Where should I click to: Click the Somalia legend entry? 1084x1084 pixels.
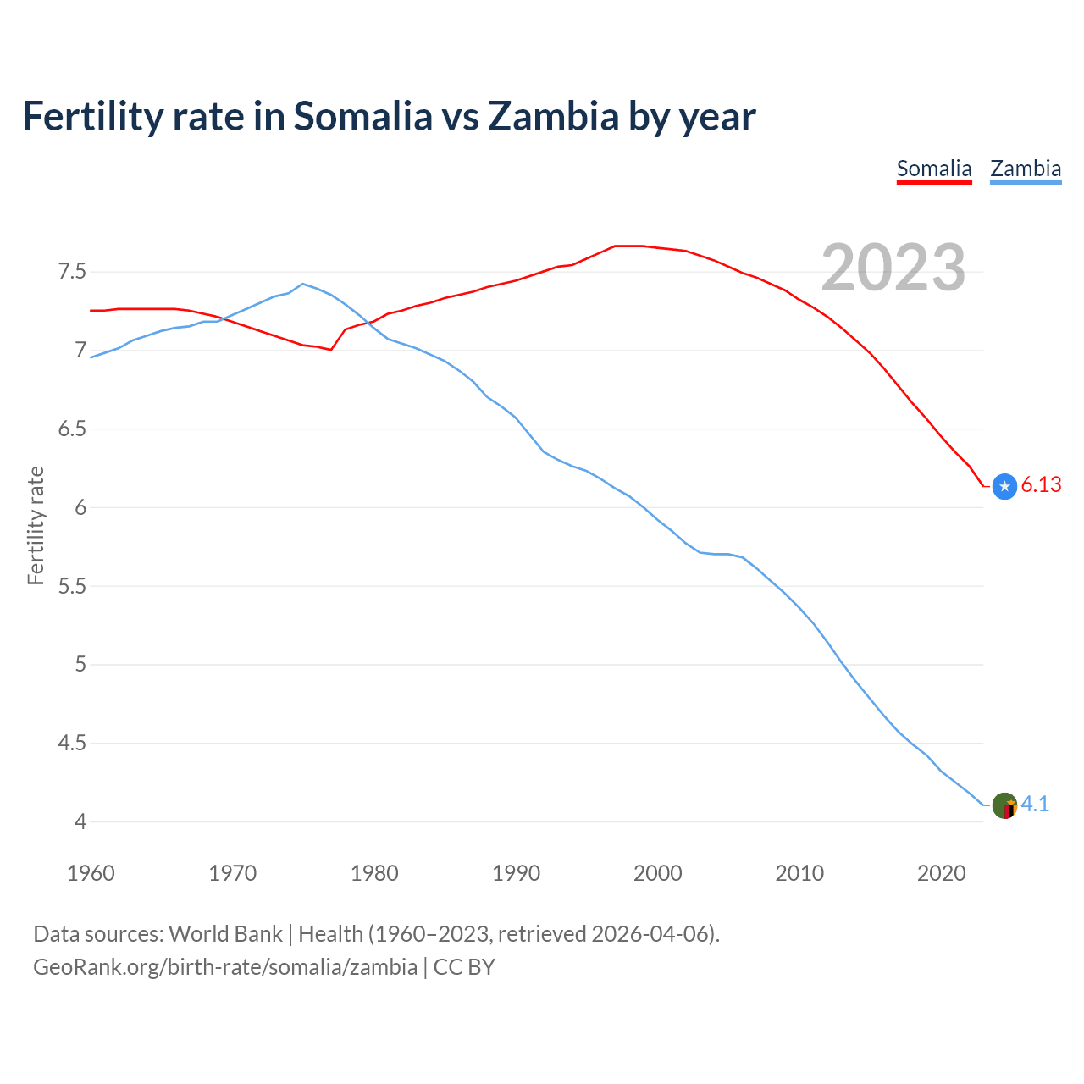(934, 169)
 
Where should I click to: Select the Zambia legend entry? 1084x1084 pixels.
(1026, 169)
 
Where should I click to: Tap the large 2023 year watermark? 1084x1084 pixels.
(893, 268)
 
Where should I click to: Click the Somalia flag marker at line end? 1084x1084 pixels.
(1004, 486)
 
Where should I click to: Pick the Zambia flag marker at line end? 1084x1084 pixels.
(1004, 805)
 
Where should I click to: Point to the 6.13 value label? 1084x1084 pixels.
(1041, 485)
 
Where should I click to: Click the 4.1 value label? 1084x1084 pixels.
(1035, 805)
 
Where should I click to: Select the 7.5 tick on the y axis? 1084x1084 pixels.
(72, 272)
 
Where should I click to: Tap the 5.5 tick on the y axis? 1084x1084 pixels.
(72, 586)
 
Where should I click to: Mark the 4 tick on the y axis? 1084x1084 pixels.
(80, 821)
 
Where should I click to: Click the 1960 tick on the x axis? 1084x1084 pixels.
(91, 873)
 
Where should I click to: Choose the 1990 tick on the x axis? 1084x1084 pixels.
(516, 873)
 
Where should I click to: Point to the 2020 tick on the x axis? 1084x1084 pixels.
(941, 873)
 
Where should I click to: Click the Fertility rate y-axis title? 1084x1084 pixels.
(36, 525)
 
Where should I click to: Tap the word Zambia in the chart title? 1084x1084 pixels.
(554, 117)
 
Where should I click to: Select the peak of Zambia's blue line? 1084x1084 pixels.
(303, 284)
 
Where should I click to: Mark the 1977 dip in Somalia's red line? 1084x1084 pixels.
(331, 349)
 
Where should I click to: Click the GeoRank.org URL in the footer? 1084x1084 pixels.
(225, 967)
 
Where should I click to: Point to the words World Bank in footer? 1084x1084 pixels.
(225, 934)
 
